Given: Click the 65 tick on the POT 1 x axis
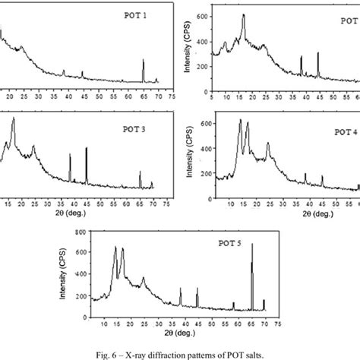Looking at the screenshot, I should click(144, 97).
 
